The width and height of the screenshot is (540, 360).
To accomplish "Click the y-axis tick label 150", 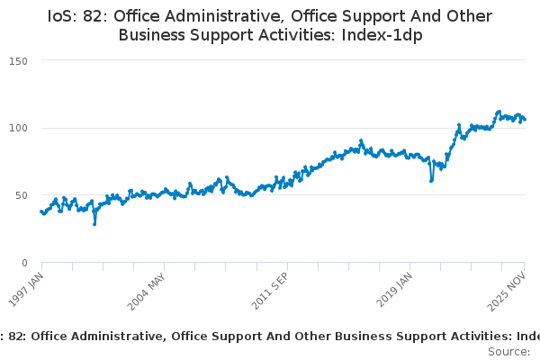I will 19,60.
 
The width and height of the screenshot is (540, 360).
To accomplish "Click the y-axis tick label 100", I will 19,128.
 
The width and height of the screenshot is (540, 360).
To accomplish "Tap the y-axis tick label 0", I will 25,263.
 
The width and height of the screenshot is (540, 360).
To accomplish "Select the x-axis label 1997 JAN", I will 27,289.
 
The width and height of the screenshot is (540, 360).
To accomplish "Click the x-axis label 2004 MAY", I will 148,291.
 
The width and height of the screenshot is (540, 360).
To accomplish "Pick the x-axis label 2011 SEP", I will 271,291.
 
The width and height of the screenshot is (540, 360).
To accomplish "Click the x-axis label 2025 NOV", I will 511,290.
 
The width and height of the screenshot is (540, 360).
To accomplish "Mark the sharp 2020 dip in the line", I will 431,180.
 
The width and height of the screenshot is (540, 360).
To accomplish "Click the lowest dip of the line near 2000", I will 94,223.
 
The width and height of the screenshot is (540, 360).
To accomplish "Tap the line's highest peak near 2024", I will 499,112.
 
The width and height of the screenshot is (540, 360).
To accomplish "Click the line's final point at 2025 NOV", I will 526,120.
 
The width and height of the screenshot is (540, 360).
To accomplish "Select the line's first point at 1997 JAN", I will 41,211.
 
